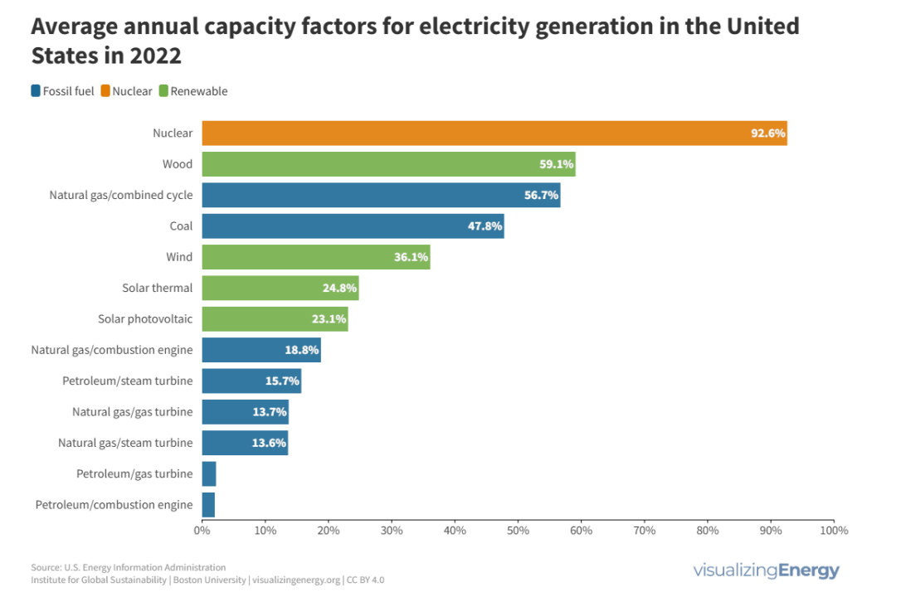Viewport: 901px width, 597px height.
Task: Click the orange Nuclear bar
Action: click(x=494, y=133)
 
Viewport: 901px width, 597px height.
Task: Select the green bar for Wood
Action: click(x=388, y=164)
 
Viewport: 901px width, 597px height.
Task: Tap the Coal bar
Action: click(x=353, y=226)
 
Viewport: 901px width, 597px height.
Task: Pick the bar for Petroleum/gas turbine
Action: click(x=209, y=474)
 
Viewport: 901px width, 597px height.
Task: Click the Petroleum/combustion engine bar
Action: click(x=208, y=505)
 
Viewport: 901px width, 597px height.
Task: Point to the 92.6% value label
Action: click(x=767, y=133)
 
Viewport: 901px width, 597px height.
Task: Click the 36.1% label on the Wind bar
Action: click(x=411, y=257)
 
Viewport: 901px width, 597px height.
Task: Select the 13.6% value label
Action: click(x=269, y=443)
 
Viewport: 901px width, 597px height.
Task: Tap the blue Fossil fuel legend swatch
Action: click(x=36, y=91)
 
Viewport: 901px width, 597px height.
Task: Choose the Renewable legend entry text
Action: click(x=199, y=91)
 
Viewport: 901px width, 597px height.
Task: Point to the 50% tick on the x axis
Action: click(x=518, y=530)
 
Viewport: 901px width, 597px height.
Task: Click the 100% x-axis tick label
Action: click(x=833, y=530)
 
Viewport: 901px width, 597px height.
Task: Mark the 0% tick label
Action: click(x=202, y=530)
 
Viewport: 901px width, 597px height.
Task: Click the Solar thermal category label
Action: click(x=157, y=288)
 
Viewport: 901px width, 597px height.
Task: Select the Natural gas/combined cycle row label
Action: click(x=121, y=195)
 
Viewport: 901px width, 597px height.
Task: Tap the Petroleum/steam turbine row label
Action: click(x=127, y=381)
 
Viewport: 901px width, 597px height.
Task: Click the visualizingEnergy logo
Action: click(x=766, y=570)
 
